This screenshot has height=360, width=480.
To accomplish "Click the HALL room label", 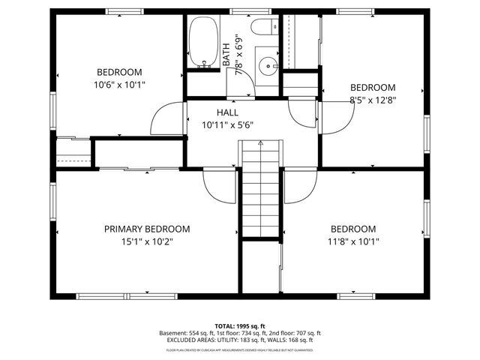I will point(227,112).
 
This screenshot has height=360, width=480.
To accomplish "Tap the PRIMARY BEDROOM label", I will point(146,229).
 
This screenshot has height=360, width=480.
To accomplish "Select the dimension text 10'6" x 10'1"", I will point(118,85).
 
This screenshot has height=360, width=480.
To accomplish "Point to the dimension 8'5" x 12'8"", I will point(373,99).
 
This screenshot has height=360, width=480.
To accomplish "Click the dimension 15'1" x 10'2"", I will point(146,241).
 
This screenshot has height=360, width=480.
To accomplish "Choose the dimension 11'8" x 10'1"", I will point(352,241).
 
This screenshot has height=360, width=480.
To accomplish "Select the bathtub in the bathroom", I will point(202,43).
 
